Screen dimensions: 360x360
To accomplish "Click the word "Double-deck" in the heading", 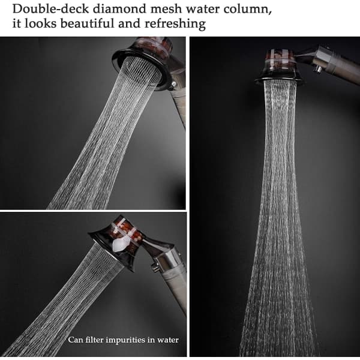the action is pos(50,9).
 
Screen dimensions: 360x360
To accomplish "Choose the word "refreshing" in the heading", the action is pos(175,24).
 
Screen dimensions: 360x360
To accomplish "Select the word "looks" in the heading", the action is pos(40,23).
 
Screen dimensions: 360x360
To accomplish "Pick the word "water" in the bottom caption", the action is pos(168,340).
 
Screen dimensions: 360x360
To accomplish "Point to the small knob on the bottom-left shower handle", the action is pos(155,267).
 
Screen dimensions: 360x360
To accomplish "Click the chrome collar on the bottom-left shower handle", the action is pos(168,259).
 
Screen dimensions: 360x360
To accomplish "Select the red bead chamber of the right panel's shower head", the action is pos(280,56).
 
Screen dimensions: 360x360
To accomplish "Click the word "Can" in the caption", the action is pos(75,340).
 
